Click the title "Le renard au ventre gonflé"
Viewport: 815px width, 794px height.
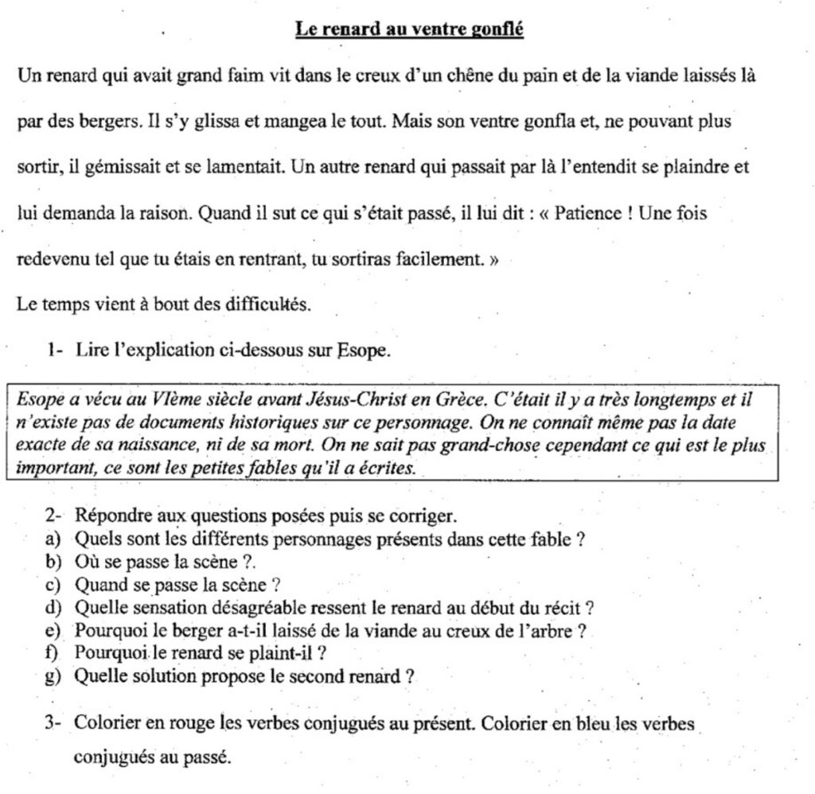409,30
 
